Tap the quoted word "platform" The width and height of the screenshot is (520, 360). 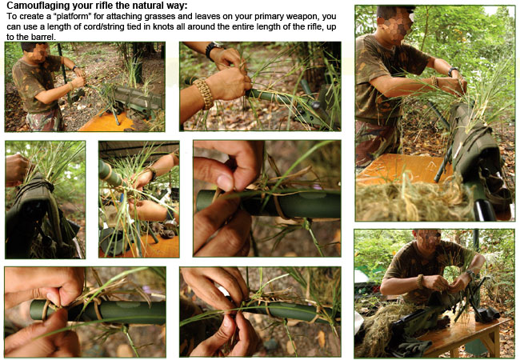tap(70, 16)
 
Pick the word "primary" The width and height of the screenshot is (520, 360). tap(274, 17)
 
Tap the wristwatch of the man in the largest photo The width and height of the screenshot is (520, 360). tap(453, 71)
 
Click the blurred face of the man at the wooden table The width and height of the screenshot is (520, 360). tap(428, 239)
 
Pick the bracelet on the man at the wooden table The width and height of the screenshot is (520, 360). tap(421, 282)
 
